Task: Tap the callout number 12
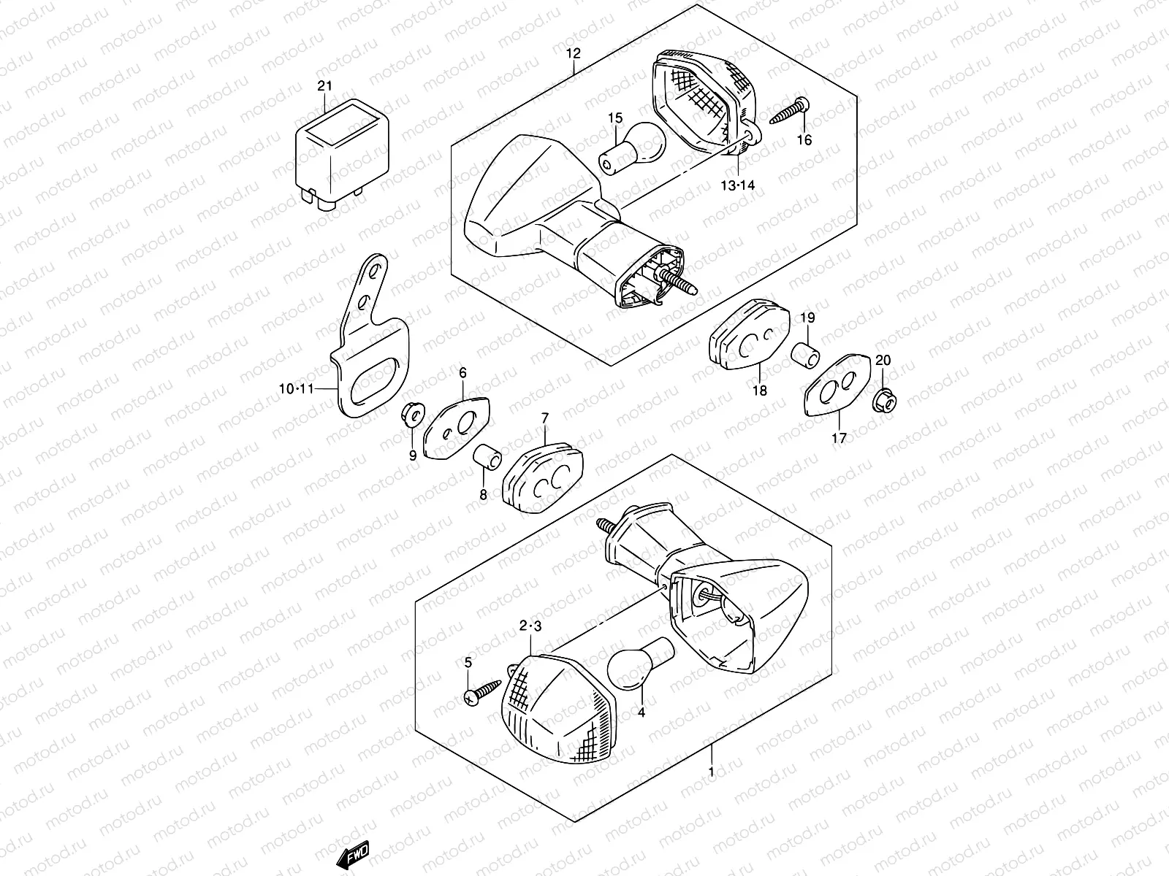pyautogui.click(x=573, y=53)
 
